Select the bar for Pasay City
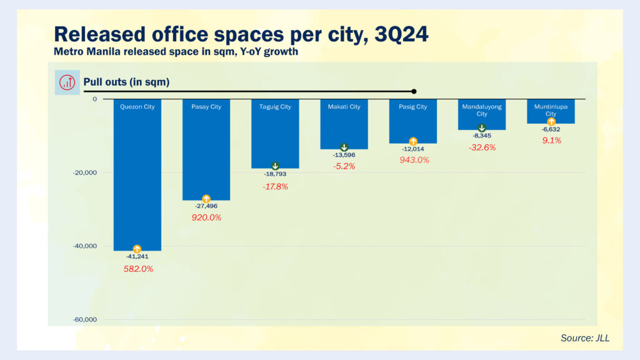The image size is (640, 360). point(206,150)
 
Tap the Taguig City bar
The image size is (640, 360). point(275,134)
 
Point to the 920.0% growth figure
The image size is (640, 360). point(206,217)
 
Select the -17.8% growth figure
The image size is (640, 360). point(275,186)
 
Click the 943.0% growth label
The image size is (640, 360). point(414,160)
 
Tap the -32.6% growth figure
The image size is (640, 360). point(482,147)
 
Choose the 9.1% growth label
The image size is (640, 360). point(551,141)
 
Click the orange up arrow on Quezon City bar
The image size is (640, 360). point(137,249)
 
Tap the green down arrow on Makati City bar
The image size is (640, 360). point(344,147)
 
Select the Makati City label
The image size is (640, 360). point(344,107)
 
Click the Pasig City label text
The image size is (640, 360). point(413,107)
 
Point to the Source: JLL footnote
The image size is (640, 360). point(585,338)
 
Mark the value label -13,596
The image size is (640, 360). point(344,155)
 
